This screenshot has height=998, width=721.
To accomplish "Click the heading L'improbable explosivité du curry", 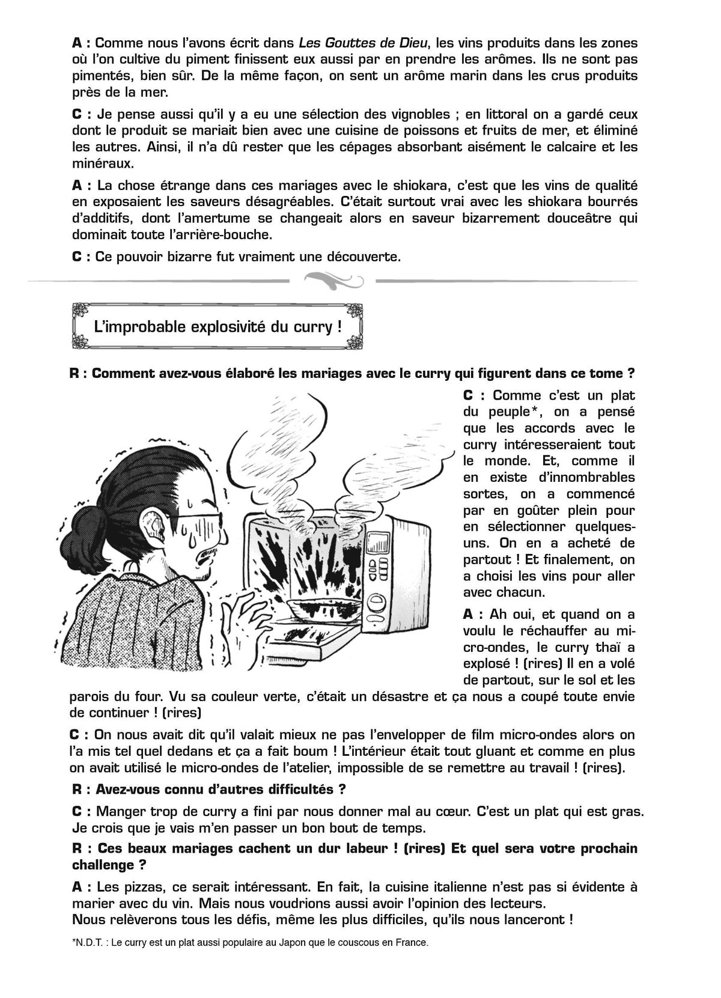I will click(x=218, y=327).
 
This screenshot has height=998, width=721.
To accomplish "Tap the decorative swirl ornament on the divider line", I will click(x=332, y=279).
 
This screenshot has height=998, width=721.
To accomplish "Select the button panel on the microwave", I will click(x=383, y=569).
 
